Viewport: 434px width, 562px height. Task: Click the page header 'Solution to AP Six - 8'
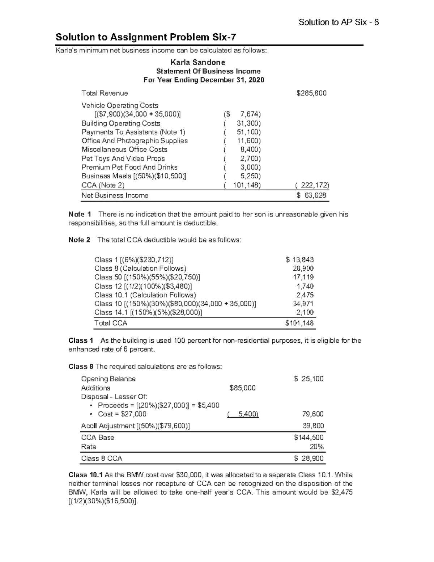339,22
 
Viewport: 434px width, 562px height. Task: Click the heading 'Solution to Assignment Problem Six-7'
146,37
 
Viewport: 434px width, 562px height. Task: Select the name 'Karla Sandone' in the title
203,62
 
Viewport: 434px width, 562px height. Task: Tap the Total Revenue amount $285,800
311,93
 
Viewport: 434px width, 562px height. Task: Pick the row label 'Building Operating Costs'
121,123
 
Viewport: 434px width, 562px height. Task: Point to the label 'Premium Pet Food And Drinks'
129,167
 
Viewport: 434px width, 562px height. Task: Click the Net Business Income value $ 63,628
311,196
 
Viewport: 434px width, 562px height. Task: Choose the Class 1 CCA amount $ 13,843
300,260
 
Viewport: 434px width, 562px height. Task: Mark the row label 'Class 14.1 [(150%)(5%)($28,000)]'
148,312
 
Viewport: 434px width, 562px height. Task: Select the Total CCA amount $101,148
299,323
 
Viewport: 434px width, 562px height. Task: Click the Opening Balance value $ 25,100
309,379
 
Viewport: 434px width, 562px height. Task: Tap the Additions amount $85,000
243,388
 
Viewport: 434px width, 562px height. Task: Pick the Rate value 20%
317,447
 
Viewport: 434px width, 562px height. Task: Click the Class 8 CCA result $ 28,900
310,459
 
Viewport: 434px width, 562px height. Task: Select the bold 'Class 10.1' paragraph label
86,475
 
